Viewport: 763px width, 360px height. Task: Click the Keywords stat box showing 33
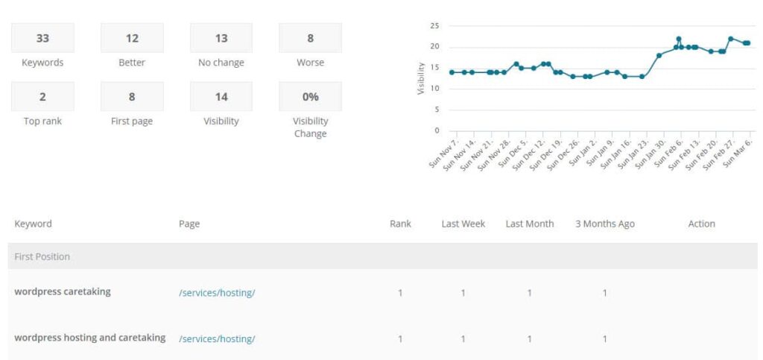coord(42,38)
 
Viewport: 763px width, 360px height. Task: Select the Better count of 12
coord(132,38)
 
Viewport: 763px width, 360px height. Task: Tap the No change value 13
coord(221,38)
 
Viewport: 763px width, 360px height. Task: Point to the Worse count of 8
coord(310,38)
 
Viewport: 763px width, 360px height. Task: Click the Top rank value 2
coord(42,97)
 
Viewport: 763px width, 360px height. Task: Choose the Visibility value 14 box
coord(221,97)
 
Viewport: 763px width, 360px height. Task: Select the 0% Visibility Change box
coord(310,97)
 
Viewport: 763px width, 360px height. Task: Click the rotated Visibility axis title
coord(421,78)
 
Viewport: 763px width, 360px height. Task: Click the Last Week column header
coord(463,224)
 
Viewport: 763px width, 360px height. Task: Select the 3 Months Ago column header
coord(604,224)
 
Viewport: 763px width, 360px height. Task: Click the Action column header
coord(701,224)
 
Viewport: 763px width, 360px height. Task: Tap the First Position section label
coord(42,256)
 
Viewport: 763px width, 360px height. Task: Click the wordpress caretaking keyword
coord(63,291)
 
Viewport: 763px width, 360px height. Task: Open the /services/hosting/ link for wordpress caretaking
coord(217,293)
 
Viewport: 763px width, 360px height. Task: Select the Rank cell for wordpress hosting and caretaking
coord(400,339)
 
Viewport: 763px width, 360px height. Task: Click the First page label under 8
coord(132,121)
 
